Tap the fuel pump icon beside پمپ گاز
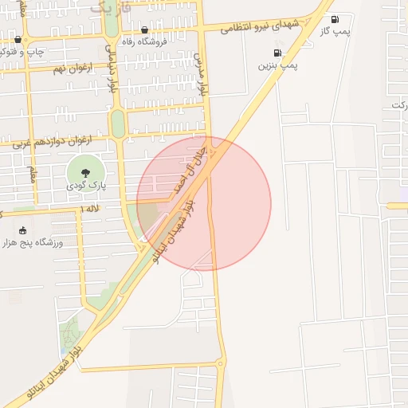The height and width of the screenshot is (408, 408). [x=334, y=19]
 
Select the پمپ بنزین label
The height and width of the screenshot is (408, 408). [x=277, y=66]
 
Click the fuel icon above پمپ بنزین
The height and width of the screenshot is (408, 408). [x=277, y=53]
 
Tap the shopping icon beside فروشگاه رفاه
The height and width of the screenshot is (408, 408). [x=144, y=30]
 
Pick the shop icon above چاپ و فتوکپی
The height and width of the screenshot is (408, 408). [x=18, y=39]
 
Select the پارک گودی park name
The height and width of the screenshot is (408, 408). [x=84, y=185]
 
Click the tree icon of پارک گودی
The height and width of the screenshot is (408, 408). [x=84, y=171]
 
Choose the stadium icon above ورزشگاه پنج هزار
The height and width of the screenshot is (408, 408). [x=22, y=229]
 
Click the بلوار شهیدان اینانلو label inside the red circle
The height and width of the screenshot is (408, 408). [x=172, y=233]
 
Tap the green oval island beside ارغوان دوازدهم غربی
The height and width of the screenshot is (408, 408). [x=118, y=124]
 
